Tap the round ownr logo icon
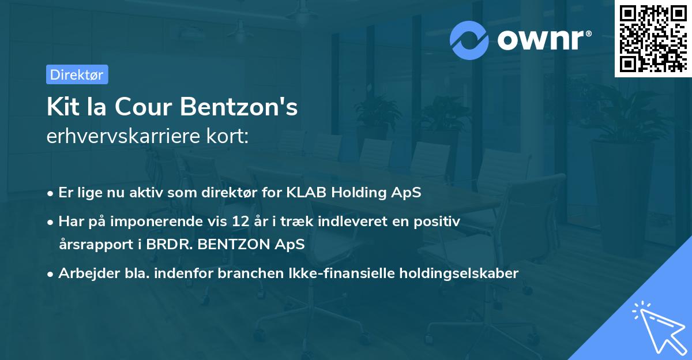click(469, 40)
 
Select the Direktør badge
click(77, 74)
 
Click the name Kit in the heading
click(62, 107)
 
